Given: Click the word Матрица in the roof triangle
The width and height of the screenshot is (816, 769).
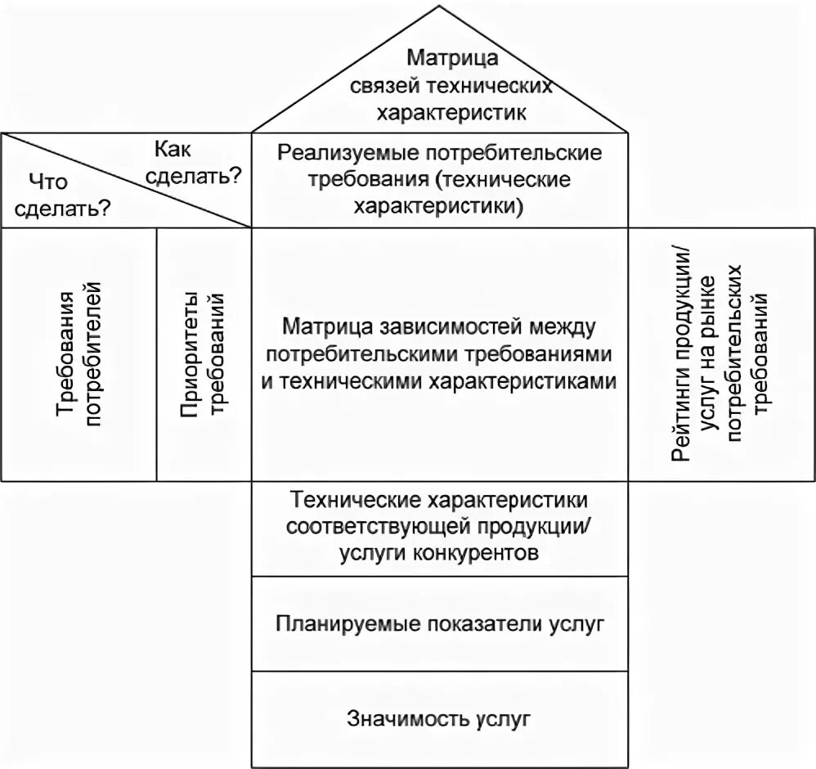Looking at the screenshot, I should point(441,58).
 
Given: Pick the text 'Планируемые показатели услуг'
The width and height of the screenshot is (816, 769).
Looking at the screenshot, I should point(440,623).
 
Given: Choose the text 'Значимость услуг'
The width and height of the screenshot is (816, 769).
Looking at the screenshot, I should point(440,719).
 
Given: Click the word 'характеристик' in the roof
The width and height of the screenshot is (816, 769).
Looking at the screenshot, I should point(440,111).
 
